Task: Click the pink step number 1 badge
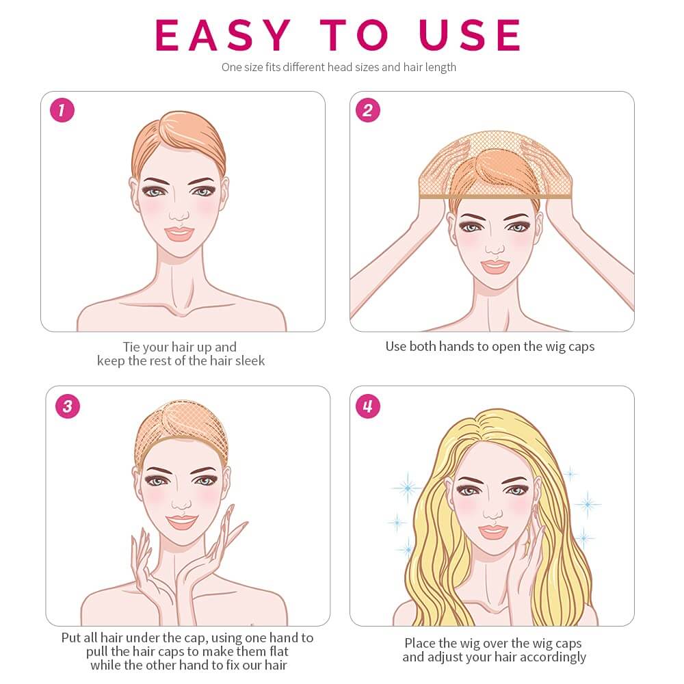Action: pyautogui.click(x=62, y=110)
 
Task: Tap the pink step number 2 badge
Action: pyautogui.click(x=367, y=110)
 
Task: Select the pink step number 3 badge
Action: pyautogui.click(x=67, y=406)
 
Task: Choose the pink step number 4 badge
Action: pyautogui.click(x=367, y=406)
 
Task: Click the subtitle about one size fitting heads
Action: pyautogui.click(x=339, y=67)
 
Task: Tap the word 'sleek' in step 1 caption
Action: pyautogui.click(x=247, y=360)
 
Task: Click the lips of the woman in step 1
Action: pyautogui.click(x=179, y=233)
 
